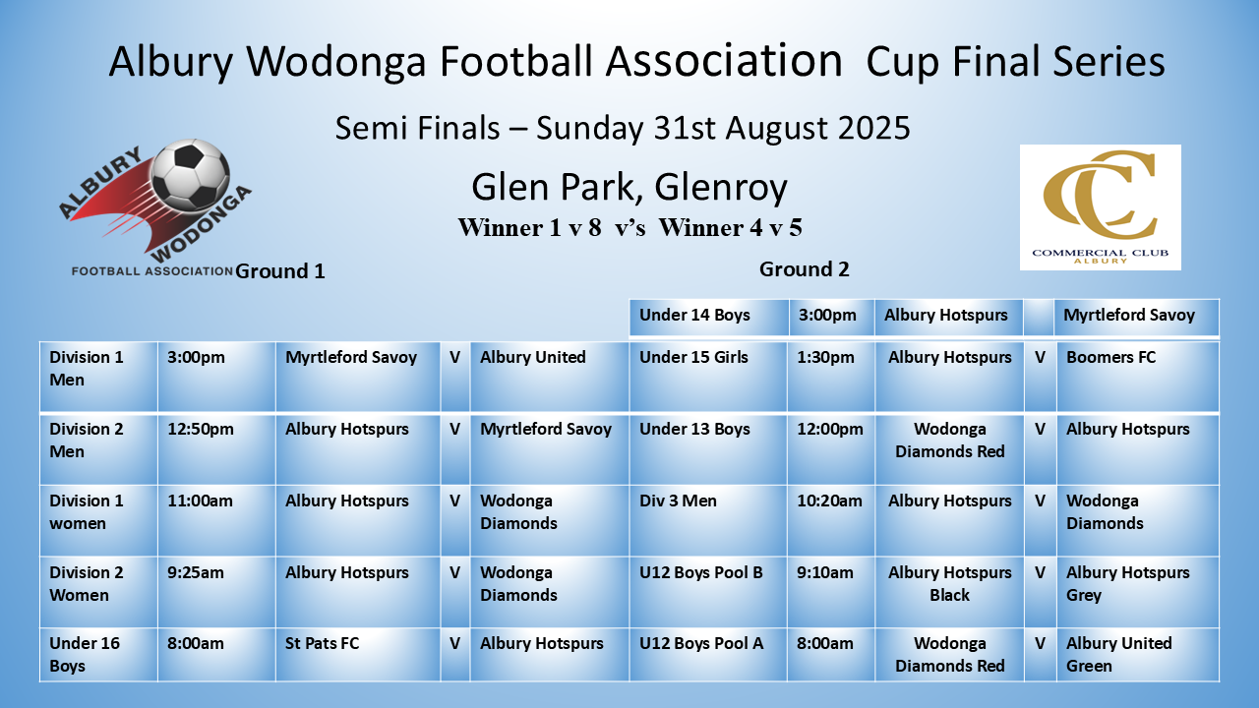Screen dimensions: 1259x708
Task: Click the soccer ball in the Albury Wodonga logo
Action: (x=191, y=174)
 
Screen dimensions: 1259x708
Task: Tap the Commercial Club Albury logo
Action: (x=1100, y=207)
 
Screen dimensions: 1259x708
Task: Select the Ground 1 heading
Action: (x=280, y=271)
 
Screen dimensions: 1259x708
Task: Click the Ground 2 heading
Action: (x=804, y=269)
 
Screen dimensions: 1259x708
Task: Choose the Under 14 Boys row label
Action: (x=694, y=315)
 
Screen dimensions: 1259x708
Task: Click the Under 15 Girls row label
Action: (x=693, y=357)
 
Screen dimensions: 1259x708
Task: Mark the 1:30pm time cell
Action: (x=825, y=357)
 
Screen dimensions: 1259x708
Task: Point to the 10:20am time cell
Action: (x=829, y=501)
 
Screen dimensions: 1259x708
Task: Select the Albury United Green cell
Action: (x=1118, y=655)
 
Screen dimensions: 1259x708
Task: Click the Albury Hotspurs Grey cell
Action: (x=1127, y=584)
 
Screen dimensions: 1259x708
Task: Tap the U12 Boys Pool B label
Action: (x=701, y=572)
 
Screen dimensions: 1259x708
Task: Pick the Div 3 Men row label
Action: (x=678, y=501)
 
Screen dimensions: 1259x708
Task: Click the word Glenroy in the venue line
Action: (x=721, y=187)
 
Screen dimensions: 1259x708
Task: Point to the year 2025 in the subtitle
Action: (x=874, y=128)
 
